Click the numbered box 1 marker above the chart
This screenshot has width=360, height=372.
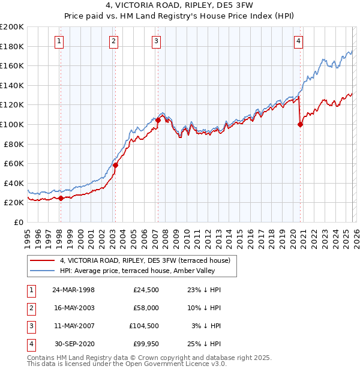pyautogui.click(x=60, y=41)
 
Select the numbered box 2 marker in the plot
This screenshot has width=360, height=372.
pyautogui.click(x=113, y=41)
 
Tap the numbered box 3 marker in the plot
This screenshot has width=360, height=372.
pyautogui.click(x=156, y=41)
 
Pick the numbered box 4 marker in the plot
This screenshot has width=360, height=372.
pyautogui.click(x=298, y=41)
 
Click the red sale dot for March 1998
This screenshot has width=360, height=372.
pyautogui.click(x=61, y=198)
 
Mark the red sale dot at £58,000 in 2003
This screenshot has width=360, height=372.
pyautogui.click(x=115, y=166)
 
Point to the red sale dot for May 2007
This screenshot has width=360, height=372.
pyautogui.click(x=157, y=120)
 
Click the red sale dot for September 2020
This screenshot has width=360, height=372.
pyautogui.click(x=300, y=124)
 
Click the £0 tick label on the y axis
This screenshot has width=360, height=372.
pyautogui.click(x=18, y=222)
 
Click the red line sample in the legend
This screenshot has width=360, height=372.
pyautogui.click(x=43, y=260)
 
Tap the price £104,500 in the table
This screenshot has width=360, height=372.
pyautogui.click(x=146, y=327)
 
